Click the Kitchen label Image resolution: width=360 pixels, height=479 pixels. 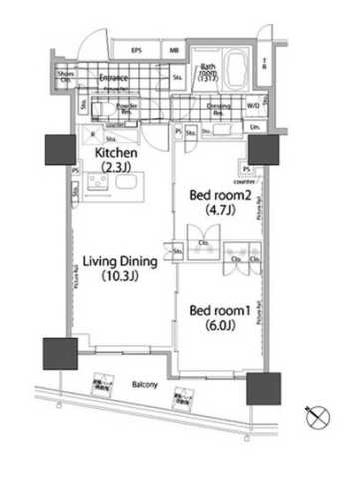pos(117,152)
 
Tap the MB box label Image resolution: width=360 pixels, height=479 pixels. pos(174,49)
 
